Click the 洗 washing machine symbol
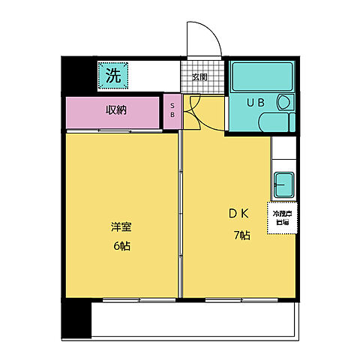point(112,75)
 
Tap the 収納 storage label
point(115,110)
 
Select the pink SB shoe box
point(172,112)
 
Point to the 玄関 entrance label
point(199,76)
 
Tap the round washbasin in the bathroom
point(284,103)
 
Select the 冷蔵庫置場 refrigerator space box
point(280,217)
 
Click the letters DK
point(238,212)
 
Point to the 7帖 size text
point(241,235)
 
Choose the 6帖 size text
point(120,246)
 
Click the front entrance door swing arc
point(205,37)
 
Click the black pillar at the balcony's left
point(75,319)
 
